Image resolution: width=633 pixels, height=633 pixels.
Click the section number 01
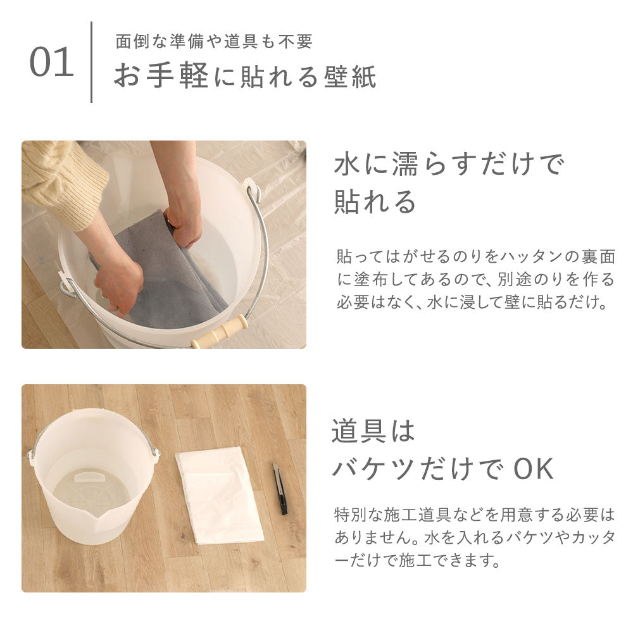point(52,62)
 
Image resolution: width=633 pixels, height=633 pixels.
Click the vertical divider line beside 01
point(92,62)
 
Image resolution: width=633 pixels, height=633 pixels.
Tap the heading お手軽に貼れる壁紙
point(246,76)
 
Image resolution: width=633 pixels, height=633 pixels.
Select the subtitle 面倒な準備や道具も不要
point(214,41)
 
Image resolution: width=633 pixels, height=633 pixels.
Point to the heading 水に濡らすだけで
point(449,164)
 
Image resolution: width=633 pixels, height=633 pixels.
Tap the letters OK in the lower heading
point(534,468)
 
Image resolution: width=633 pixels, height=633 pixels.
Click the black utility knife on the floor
point(280,489)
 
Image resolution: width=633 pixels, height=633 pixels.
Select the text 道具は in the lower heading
point(373,430)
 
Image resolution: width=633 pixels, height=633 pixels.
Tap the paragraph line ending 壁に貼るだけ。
point(472,302)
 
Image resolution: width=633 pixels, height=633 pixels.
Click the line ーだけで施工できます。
point(417,560)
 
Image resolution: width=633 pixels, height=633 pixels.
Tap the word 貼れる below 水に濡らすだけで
point(375,201)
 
